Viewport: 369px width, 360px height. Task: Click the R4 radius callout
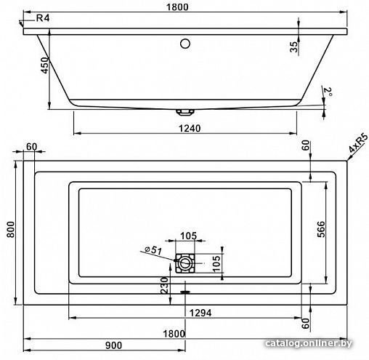[x=43, y=18]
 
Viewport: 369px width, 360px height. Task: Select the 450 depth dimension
[x=45, y=65]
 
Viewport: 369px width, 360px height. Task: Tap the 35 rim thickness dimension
[x=293, y=47]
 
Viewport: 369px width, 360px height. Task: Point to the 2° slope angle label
[x=328, y=92]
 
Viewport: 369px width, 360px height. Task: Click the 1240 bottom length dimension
[x=190, y=128]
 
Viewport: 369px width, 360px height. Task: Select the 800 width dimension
[x=11, y=229]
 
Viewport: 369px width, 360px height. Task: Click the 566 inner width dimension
[x=320, y=229]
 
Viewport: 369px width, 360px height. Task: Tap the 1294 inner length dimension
[x=200, y=313]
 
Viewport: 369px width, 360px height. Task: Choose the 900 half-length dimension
[x=114, y=345]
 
